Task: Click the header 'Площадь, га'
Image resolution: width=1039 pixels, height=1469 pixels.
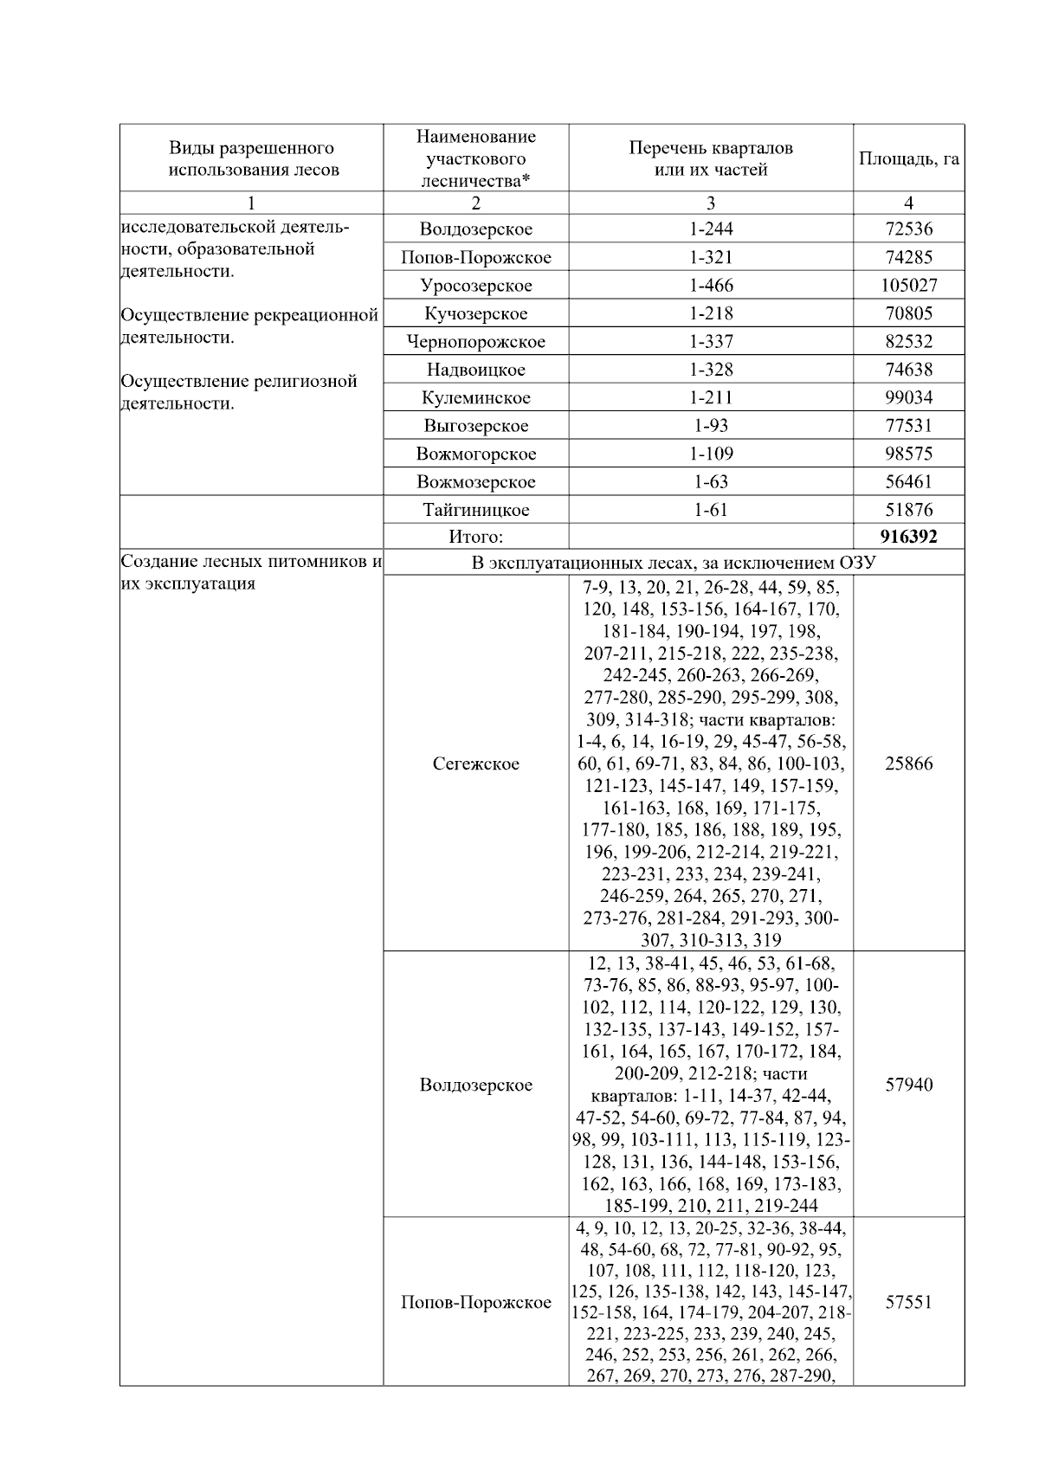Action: point(908,159)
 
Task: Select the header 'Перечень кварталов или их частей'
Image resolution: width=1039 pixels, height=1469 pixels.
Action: point(710,158)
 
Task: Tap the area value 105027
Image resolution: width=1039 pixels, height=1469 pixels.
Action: point(908,286)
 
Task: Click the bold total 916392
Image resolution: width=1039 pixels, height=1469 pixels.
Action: point(908,537)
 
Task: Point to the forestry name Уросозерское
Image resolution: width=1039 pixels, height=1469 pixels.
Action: point(475,286)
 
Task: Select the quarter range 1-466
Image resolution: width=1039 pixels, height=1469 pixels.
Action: point(710,286)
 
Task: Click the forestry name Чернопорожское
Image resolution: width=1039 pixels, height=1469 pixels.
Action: point(475,342)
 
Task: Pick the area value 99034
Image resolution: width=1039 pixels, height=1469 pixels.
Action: point(908,398)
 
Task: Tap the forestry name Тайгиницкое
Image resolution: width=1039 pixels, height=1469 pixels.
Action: point(475,510)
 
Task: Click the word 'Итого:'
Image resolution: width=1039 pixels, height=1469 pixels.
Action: point(475,537)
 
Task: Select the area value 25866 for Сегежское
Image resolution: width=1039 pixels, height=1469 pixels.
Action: point(908,764)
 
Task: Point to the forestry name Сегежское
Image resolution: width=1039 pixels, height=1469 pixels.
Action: point(475,764)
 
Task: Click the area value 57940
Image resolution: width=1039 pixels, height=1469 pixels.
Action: point(908,1085)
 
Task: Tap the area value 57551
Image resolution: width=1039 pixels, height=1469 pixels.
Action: point(908,1302)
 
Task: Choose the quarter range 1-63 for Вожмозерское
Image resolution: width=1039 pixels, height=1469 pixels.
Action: point(710,482)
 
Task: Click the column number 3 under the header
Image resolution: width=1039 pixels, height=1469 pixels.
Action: point(710,203)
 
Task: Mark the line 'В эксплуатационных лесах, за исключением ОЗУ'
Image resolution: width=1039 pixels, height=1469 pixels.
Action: point(674,564)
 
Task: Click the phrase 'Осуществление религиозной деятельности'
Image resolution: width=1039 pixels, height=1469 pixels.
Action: point(239,392)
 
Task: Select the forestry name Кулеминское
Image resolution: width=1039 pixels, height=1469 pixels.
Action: point(475,398)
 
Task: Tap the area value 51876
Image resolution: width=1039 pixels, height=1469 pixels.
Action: point(908,510)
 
